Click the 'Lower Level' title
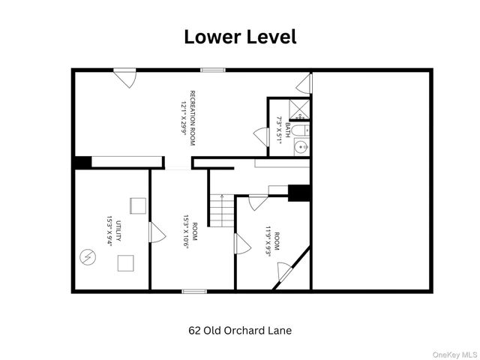240,37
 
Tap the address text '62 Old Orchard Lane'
239,330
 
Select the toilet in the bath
298,131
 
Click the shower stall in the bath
299,109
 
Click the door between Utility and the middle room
157,233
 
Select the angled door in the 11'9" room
285,272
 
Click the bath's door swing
262,137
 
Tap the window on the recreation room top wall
213,70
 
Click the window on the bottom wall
194,290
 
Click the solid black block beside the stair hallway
300,193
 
